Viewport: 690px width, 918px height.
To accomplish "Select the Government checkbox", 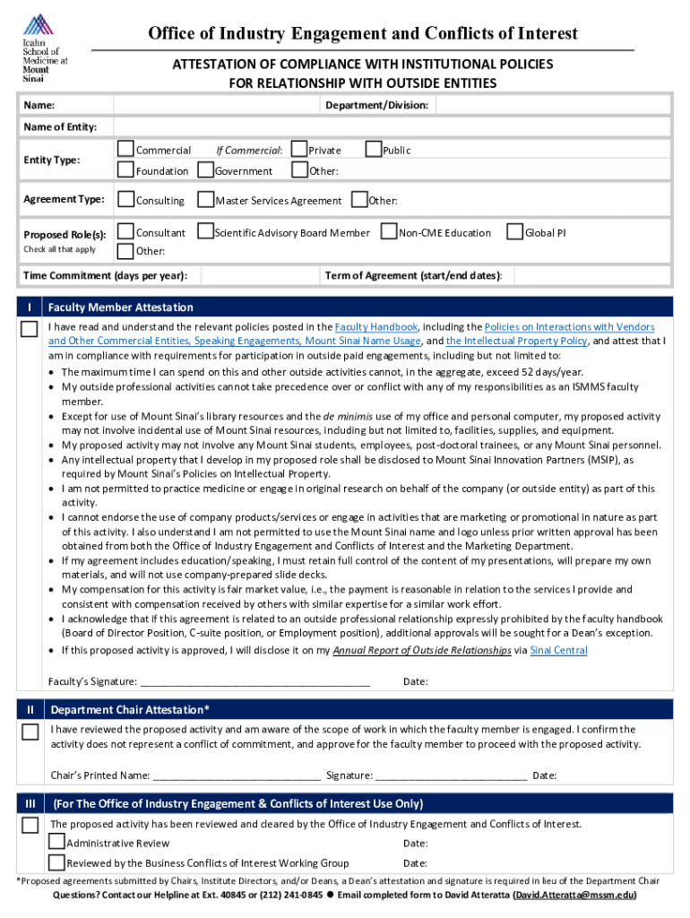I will tap(205, 170).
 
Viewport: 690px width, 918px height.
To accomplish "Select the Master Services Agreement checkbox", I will tap(205, 200).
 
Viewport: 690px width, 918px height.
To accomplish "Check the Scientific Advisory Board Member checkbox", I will tap(205, 232).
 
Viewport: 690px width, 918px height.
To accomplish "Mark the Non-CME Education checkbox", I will tap(389, 232).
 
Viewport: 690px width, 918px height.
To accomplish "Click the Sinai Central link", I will tap(558, 651).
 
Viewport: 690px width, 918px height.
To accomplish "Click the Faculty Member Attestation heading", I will tap(120, 307).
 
